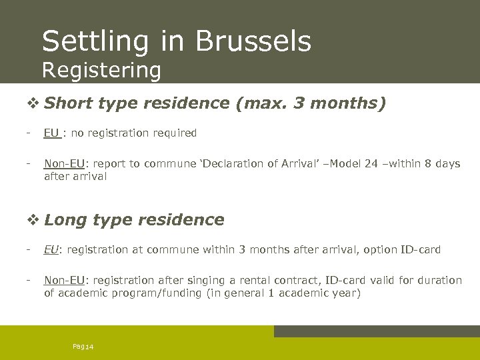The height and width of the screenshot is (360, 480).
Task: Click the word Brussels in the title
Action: coord(253,41)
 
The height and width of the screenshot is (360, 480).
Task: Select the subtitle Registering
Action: coord(101,69)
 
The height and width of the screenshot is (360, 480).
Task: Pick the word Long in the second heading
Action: coord(67,220)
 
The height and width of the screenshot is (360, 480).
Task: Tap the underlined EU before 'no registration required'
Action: coord(51,133)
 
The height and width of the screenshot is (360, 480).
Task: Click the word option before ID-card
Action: coord(378,249)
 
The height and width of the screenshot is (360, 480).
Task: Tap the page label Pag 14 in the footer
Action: coord(83,345)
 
